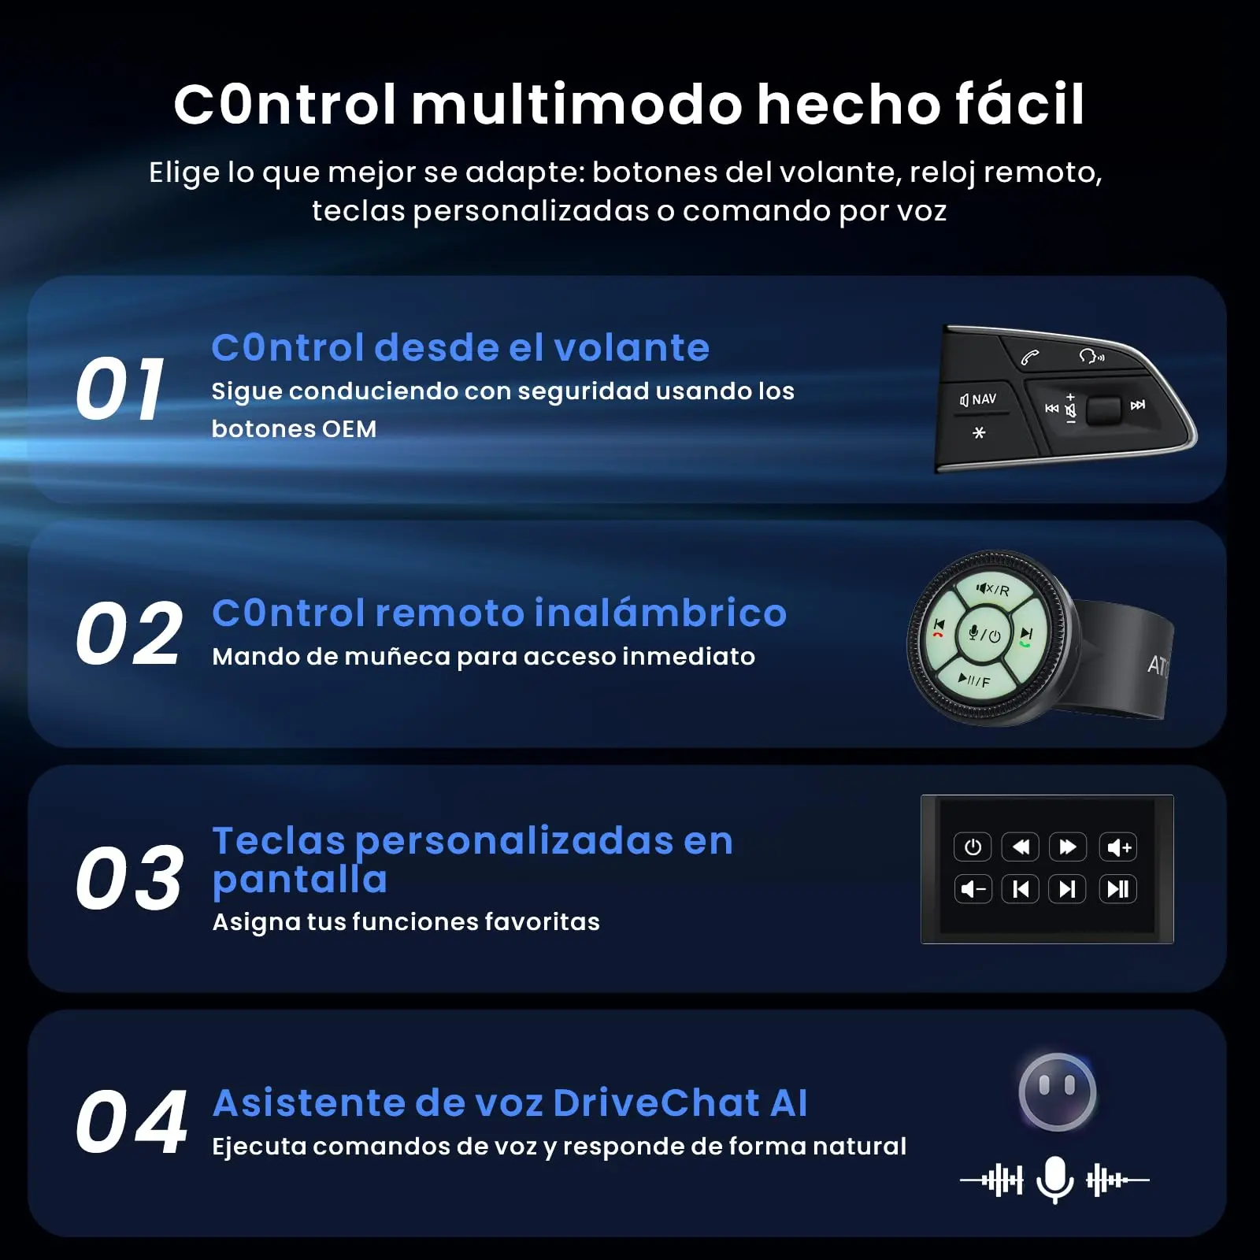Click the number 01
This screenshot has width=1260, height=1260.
pos(120,389)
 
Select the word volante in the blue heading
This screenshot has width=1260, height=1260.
pos(632,347)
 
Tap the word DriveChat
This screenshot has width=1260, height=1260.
pos(657,1102)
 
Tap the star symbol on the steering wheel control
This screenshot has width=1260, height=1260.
pos(979,432)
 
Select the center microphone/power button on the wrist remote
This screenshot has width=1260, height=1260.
pos(984,634)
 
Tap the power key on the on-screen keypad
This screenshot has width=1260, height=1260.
pos(973,847)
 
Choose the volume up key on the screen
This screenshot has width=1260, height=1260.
pos(1118,847)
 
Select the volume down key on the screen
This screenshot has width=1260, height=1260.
pos(973,889)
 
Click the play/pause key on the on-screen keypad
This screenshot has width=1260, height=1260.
pos(1118,889)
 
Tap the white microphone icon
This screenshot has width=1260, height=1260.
pos(1055,1179)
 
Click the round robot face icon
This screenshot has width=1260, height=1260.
pos(1057,1092)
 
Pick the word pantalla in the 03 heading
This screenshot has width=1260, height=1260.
pos(300,880)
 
